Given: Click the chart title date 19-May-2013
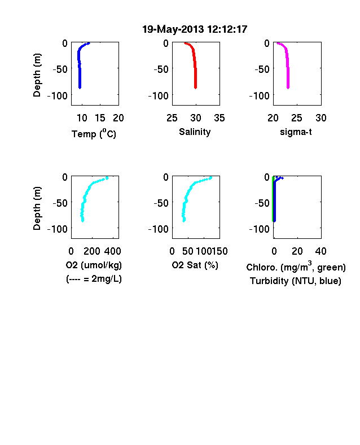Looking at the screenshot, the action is (173, 29).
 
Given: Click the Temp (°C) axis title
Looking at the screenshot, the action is (94, 133).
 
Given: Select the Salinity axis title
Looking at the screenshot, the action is (195, 132).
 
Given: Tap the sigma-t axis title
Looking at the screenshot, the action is (296, 132).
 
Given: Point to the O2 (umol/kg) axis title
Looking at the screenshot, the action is (94, 265).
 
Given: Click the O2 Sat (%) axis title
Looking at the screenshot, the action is (195, 265).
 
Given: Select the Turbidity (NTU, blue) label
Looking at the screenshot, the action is (296, 281).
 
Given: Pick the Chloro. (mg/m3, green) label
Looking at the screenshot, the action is (296, 267).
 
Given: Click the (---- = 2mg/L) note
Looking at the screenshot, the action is (94, 279).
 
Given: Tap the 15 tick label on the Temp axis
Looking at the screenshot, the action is (100, 118).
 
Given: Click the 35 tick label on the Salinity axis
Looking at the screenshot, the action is (219, 118).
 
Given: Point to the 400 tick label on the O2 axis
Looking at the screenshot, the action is (112, 251).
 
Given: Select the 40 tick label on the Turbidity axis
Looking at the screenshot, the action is (321, 251).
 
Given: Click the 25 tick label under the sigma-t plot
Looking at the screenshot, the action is (297, 118).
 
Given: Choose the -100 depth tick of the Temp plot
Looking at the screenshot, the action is (58, 95).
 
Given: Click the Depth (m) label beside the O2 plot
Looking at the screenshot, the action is (37, 208).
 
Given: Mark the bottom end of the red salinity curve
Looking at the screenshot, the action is (196, 88).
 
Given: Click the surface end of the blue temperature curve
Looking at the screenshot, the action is (89, 43).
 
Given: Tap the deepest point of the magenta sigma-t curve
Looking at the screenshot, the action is (288, 88).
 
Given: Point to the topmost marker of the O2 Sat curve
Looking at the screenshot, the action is (210, 178).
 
